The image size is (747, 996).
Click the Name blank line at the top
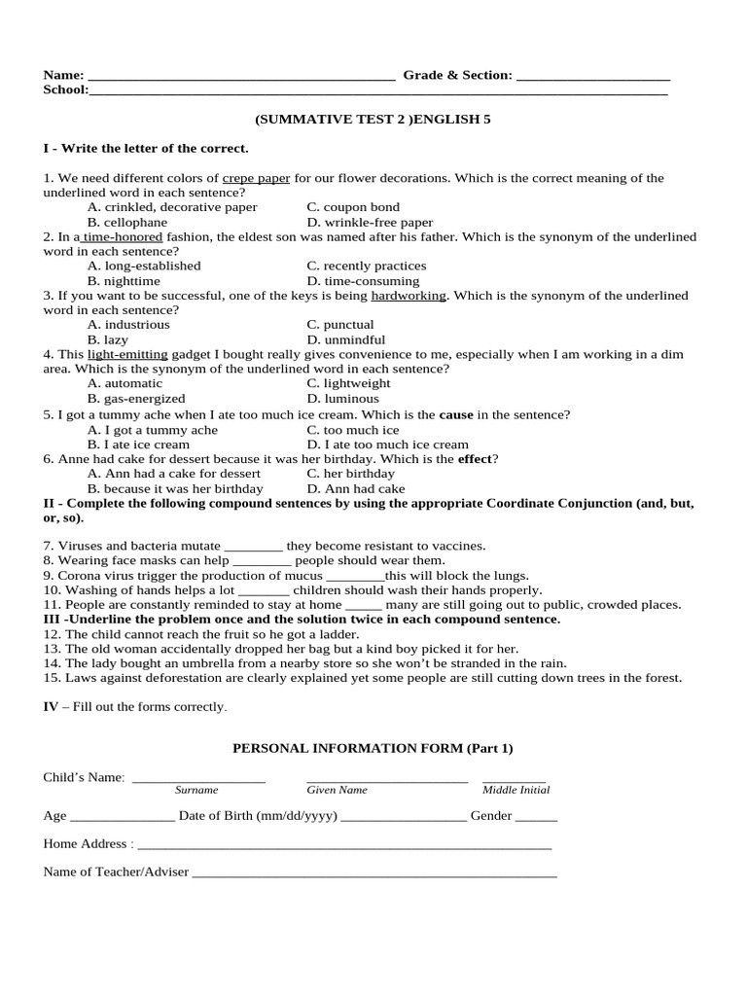[240, 77]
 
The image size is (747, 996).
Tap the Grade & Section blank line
[592, 77]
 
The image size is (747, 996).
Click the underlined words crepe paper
[256, 178]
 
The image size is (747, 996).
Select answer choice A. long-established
[144, 266]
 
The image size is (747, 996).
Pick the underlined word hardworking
[408, 296]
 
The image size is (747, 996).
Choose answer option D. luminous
[342, 399]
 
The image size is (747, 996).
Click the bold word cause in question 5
[456, 414]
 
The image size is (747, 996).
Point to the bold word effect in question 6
[475, 459]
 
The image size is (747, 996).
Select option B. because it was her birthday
[175, 488]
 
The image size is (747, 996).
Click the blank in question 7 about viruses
[253, 548]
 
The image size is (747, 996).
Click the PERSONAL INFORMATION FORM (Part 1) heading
[372, 748]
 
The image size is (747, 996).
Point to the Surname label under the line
[196, 790]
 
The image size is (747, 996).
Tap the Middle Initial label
[516, 790]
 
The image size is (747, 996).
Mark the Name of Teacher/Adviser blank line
[374, 874]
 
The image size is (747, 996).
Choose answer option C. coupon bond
[353, 207]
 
